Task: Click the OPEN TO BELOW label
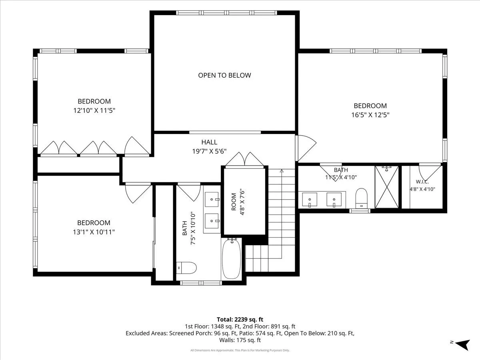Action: click(224, 75)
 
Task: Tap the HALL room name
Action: click(209, 142)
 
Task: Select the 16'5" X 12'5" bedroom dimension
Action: click(370, 115)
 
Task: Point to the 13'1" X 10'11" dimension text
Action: click(94, 232)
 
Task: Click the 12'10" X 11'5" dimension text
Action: click(94, 110)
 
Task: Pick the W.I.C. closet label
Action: click(422, 182)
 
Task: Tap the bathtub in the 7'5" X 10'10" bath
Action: click(231, 259)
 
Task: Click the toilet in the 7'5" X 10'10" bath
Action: click(186, 268)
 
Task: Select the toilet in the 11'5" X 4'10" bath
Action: click(361, 198)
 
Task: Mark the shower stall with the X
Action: click(387, 187)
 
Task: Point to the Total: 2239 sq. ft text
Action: click(240, 320)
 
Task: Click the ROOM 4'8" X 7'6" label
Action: click(238, 202)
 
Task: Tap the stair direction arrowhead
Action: click(282, 171)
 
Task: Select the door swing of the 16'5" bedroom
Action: click(306, 148)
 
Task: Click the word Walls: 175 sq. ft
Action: click(240, 340)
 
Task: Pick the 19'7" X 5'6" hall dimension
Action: click(209, 151)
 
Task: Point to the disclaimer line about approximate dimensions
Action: click(240, 350)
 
